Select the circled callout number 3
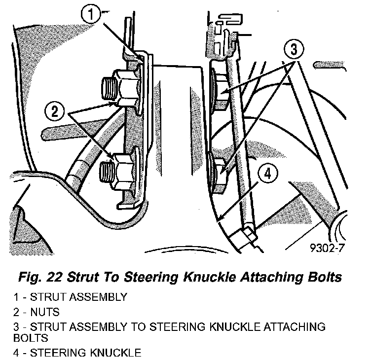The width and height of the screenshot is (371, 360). (293, 50)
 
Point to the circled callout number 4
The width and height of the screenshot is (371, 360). (267, 174)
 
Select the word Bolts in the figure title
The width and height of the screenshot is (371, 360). (325, 277)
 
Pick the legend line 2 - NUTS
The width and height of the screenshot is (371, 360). (45, 312)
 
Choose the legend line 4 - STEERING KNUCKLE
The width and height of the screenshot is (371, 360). (77, 353)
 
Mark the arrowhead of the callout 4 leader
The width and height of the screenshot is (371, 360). (220, 218)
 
